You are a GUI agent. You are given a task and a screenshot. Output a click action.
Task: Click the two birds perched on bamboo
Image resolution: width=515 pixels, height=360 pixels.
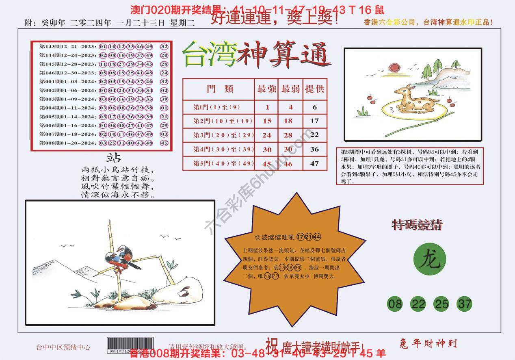[122, 257]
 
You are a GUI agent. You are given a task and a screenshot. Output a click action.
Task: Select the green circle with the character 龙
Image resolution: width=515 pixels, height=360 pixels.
[429, 260]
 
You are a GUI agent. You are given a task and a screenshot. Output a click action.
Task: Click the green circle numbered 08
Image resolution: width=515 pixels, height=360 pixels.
[395, 304]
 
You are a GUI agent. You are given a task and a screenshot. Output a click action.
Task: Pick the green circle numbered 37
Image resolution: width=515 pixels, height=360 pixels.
[464, 304]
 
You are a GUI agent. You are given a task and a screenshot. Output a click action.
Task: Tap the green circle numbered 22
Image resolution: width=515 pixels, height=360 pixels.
[418, 304]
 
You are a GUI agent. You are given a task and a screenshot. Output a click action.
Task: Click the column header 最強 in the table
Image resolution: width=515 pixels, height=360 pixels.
[266, 89]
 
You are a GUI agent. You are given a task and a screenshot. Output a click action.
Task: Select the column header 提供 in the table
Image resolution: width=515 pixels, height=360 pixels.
[314, 89]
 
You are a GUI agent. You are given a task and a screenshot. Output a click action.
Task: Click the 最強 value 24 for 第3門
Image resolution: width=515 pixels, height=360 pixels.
[266, 135]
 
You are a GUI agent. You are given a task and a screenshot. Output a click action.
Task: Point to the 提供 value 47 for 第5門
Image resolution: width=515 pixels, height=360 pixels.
[314, 163]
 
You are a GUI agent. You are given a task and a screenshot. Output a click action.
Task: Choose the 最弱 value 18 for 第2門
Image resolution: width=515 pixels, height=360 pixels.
[288, 121]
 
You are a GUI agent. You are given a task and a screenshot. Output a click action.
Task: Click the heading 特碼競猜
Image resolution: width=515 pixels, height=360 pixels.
[417, 225]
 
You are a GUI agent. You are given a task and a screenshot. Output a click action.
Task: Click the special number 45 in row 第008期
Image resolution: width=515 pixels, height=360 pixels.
[164, 143]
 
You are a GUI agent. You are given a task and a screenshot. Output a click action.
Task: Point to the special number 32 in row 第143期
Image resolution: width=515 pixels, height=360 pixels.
[164, 46]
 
